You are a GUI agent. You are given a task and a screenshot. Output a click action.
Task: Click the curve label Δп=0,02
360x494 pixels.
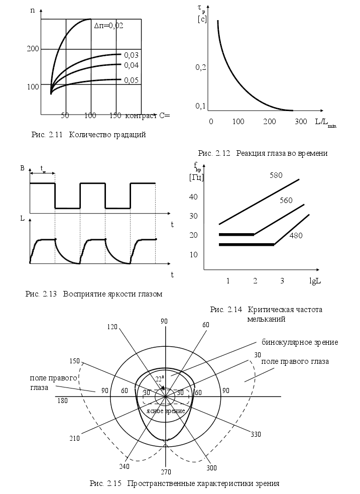point(108,25)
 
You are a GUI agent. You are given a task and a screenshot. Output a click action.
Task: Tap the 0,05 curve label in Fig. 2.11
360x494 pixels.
point(131,80)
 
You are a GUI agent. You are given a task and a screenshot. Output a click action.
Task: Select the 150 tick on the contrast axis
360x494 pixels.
point(114,116)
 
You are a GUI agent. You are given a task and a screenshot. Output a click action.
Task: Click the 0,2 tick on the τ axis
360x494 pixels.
point(201,67)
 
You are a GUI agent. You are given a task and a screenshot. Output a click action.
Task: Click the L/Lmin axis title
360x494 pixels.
point(325,123)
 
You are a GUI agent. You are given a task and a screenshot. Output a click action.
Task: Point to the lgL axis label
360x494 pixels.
point(315,280)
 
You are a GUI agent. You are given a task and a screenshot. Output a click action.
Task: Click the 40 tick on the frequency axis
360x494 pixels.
point(194,196)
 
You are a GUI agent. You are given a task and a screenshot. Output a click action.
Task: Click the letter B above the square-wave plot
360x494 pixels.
point(23,168)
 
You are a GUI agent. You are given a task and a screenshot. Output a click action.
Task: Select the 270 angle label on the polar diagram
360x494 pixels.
point(166,472)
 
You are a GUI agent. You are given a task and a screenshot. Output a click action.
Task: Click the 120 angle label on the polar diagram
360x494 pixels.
point(112,327)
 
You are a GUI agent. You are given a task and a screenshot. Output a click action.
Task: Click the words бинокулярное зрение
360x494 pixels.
point(300,342)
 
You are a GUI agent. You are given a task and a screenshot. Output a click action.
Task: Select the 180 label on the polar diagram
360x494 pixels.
point(63,401)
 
